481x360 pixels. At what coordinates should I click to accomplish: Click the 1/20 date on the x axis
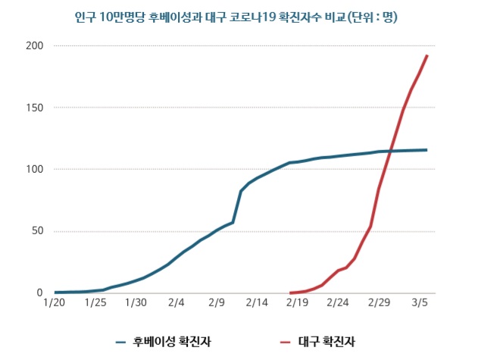click(55, 303)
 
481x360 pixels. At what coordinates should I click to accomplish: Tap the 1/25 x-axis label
click(95, 303)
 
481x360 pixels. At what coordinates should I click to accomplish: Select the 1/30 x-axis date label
click(136, 303)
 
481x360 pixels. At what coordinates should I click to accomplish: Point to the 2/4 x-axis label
click(176, 303)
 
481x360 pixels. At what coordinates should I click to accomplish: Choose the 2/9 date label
click(217, 303)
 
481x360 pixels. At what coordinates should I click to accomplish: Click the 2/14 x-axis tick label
click(257, 303)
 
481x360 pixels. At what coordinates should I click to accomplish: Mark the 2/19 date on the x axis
click(298, 303)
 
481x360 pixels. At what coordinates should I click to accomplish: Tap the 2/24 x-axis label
click(338, 303)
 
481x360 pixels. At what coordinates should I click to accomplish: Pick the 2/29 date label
click(378, 303)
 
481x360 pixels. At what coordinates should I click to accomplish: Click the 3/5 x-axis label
click(419, 303)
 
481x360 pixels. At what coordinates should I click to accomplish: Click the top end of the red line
click(427, 55)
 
